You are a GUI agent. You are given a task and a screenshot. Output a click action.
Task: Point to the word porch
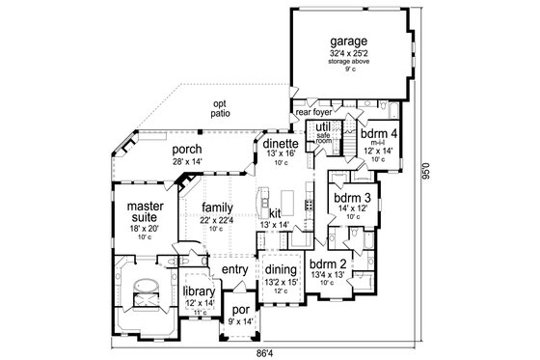(x=187, y=151)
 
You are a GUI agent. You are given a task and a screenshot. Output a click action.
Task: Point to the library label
(x=198, y=291)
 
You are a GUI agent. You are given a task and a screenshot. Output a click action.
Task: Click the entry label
(x=235, y=268)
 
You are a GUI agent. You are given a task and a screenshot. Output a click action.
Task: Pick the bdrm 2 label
(x=328, y=263)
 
